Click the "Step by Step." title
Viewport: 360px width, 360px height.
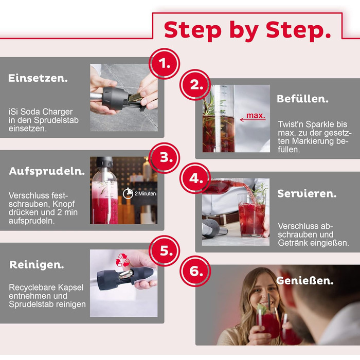coord(247,30)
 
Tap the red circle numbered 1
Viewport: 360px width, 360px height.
coord(165,64)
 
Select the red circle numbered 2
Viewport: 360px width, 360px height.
coord(195,85)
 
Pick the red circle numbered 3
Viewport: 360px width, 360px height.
coord(165,158)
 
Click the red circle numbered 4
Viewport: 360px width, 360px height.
coord(195,178)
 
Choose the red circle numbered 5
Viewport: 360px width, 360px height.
coord(165,251)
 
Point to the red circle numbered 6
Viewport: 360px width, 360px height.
coord(195,271)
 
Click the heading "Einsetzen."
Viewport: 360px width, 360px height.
coord(38,78)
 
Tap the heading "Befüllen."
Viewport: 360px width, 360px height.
coord(302,99)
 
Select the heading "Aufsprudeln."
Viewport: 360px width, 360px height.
coord(47,171)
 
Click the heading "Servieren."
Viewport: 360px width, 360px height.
coord(307,193)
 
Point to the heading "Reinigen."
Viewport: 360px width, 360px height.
coord(37,265)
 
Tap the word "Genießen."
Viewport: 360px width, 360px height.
coord(304,281)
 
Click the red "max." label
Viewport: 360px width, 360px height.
coord(256,115)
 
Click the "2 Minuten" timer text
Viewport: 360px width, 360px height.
coord(146,193)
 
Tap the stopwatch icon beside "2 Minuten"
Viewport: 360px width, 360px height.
coord(128,193)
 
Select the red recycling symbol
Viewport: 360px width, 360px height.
coord(123,260)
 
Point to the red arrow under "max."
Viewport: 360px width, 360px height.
coord(253,120)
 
